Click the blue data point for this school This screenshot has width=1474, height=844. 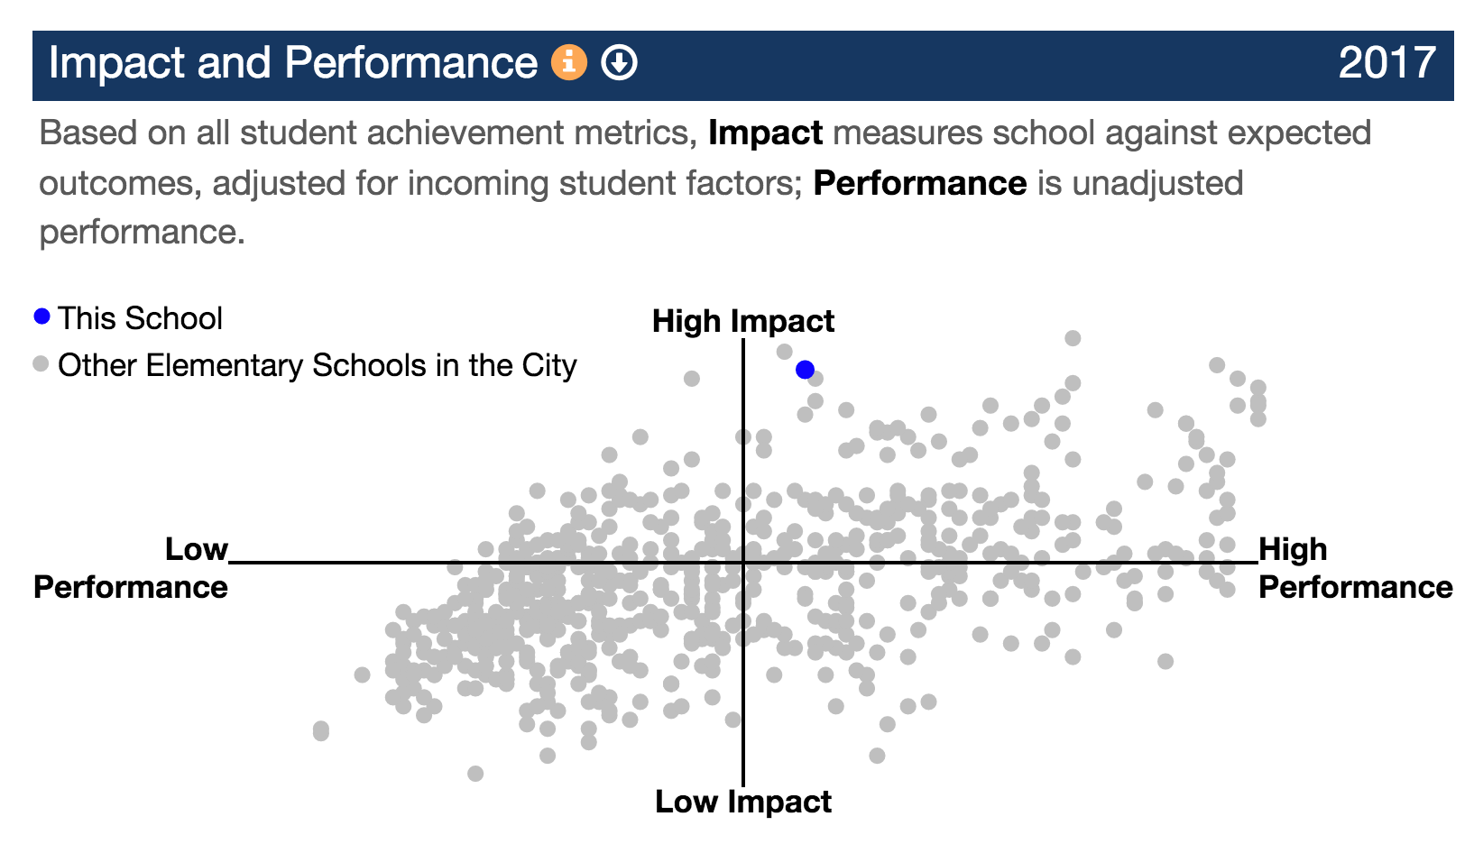coord(805,370)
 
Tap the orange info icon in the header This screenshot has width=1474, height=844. coord(569,62)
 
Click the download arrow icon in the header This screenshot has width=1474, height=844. coord(619,62)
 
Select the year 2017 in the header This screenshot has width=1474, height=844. coord(1387,63)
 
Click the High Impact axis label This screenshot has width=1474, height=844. coord(743,321)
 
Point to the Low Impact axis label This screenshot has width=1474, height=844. coord(743,802)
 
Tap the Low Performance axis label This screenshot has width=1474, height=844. coord(131,568)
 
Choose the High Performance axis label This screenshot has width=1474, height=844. coord(1356,568)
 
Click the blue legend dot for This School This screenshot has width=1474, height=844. coord(41,316)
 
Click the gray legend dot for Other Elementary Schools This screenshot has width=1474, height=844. coord(41,363)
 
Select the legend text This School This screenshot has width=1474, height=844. coord(140,318)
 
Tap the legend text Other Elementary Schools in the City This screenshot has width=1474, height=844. coord(318,366)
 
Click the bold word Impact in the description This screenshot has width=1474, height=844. coord(765,133)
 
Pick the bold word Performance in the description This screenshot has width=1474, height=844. coord(920,183)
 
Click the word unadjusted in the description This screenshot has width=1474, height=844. coord(1157,184)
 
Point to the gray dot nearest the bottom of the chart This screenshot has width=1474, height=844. coord(475,774)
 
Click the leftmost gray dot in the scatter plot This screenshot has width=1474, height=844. coord(321,730)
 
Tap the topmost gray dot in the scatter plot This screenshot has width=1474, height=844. coord(1073,338)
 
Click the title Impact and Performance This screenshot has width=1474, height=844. coord(293,63)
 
